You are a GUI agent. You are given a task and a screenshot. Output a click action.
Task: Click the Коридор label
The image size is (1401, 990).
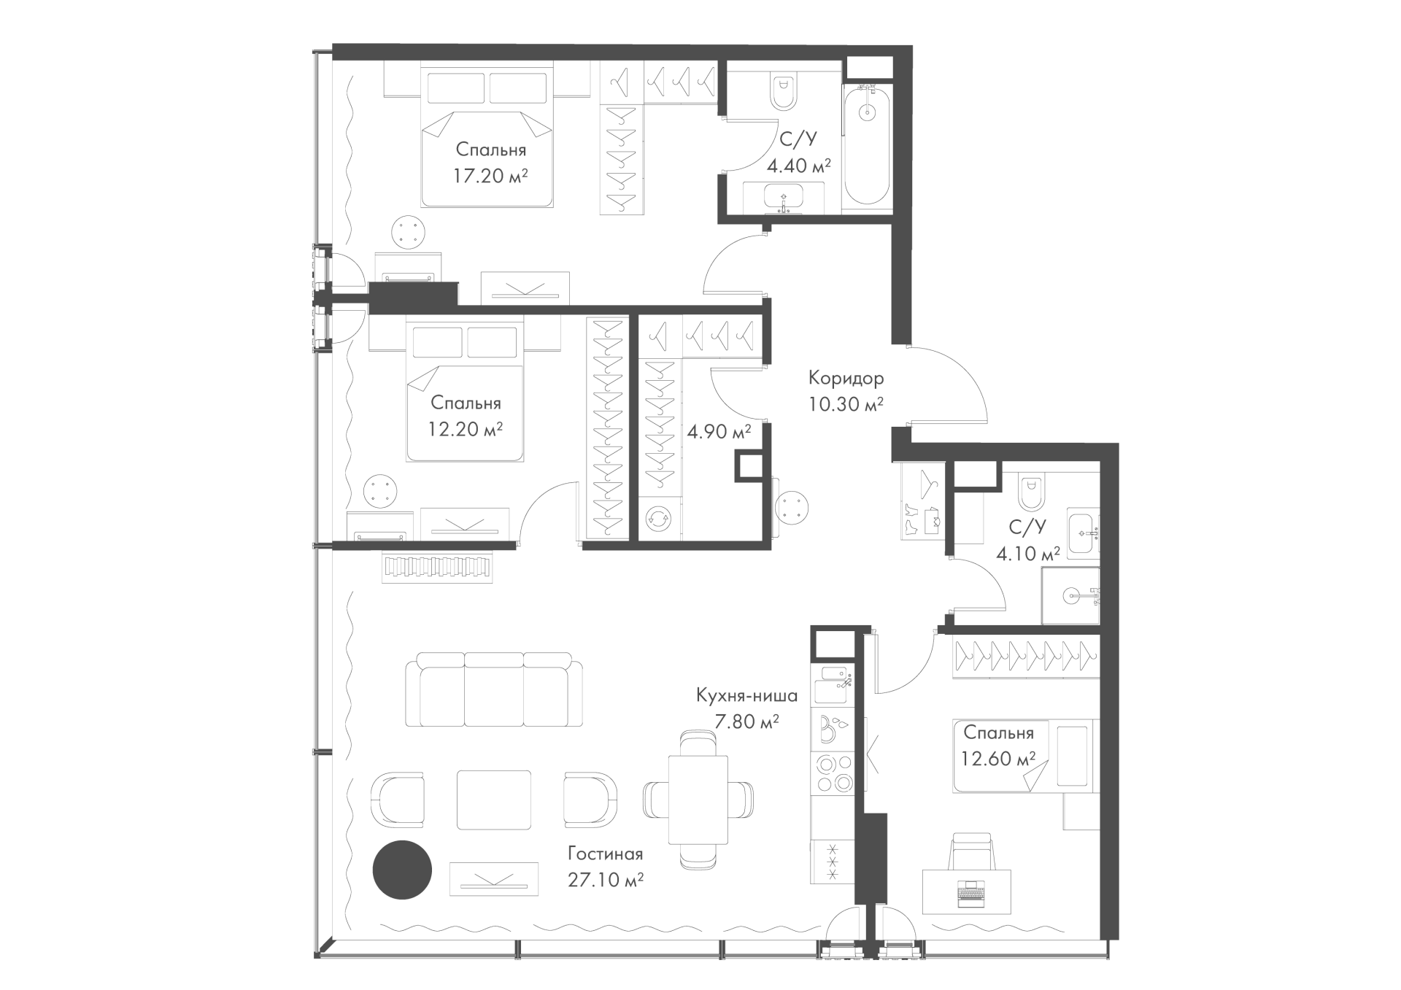pyautogui.click(x=846, y=379)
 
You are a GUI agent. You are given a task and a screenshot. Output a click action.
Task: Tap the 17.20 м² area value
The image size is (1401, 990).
pyautogui.click(x=490, y=176)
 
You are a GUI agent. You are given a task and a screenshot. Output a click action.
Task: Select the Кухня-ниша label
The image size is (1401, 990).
pyautogui.click(x=746, y=695)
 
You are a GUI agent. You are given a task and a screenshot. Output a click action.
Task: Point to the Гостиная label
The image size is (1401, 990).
pyautogui.click(x=605, y=854)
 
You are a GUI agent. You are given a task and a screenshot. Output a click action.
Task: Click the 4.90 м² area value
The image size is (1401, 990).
pyautogui.click(x=719, y=432)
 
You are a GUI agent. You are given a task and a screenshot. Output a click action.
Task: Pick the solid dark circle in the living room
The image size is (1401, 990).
pyautogui.click(x=402, y=870)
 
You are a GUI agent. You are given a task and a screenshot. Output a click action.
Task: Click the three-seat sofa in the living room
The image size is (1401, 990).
pyautogui.click(x=495, y=689)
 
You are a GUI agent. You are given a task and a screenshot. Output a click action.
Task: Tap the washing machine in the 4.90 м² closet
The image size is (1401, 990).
pyautogui.click(x=660, y=519)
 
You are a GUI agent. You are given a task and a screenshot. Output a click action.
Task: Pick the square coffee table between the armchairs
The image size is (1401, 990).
pyautogui.click(x=494, y=800)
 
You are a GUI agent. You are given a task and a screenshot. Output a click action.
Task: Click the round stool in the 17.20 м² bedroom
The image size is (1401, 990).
pyautogui.click(x=408, y=233)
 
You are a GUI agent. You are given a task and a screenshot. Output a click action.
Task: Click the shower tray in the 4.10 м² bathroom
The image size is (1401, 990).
pyautogui.click(x=1070, y=595)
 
